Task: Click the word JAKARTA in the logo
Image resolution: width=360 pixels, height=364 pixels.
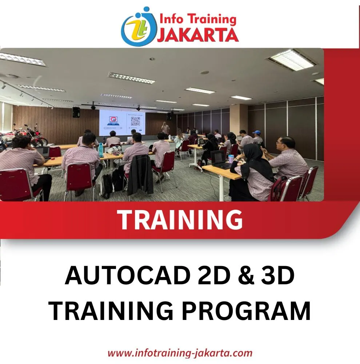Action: pos(198,35)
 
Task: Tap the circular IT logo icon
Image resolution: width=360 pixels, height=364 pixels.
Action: pos(139,27)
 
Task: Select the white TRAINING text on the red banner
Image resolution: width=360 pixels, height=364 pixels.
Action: pos(180,219)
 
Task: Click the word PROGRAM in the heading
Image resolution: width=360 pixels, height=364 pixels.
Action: pos(246,310)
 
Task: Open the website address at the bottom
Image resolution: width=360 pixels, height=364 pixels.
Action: pos(180,353)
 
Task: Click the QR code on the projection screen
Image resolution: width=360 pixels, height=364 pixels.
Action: pos(136,121)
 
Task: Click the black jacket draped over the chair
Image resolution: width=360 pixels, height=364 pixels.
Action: pos(140,175)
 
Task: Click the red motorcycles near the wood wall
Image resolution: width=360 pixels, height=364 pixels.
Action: pos(23,137)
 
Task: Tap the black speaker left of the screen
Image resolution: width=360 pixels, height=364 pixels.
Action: pos(76,112)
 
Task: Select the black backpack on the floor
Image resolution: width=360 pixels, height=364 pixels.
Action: pos(107,186)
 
